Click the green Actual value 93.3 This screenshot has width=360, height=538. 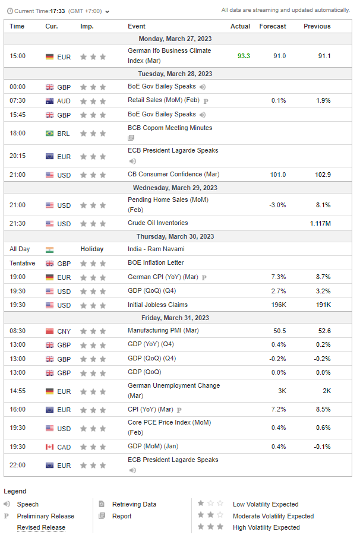point(244,56)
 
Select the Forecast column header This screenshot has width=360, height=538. point(273,26)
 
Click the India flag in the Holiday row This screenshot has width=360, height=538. point(49,249)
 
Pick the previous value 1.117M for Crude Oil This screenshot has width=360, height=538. point(320,223)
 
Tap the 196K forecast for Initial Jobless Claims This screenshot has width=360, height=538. point(278,305)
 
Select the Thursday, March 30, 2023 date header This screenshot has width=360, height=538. point(179,236)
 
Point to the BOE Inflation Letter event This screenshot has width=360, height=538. point(156,262)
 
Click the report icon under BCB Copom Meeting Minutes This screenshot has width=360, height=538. point(131,138)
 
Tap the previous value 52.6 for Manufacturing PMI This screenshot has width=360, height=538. point(324,331)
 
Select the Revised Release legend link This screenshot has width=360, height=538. point(41,527)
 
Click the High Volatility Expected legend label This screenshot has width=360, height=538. point(266,527)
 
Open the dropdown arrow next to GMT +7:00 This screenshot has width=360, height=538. point(108,11)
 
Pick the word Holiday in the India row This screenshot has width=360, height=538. point(92,249)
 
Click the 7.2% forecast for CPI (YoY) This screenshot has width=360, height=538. point(278,410)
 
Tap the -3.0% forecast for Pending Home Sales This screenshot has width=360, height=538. point(277,205)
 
